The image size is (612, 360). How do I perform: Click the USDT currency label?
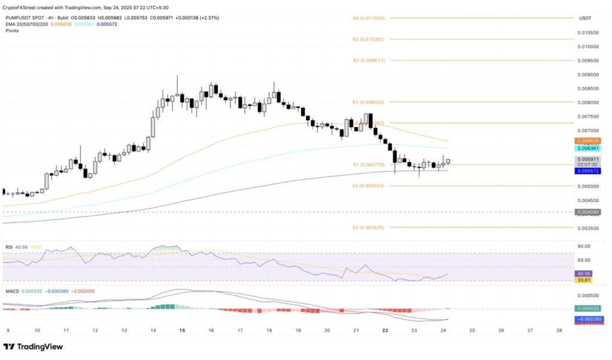585,19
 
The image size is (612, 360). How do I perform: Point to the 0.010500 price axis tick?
588,32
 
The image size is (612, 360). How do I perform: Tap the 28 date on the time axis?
558,330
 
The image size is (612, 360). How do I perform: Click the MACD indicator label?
12,291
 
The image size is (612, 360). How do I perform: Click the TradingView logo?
33,347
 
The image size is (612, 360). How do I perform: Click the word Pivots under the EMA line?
12,30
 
